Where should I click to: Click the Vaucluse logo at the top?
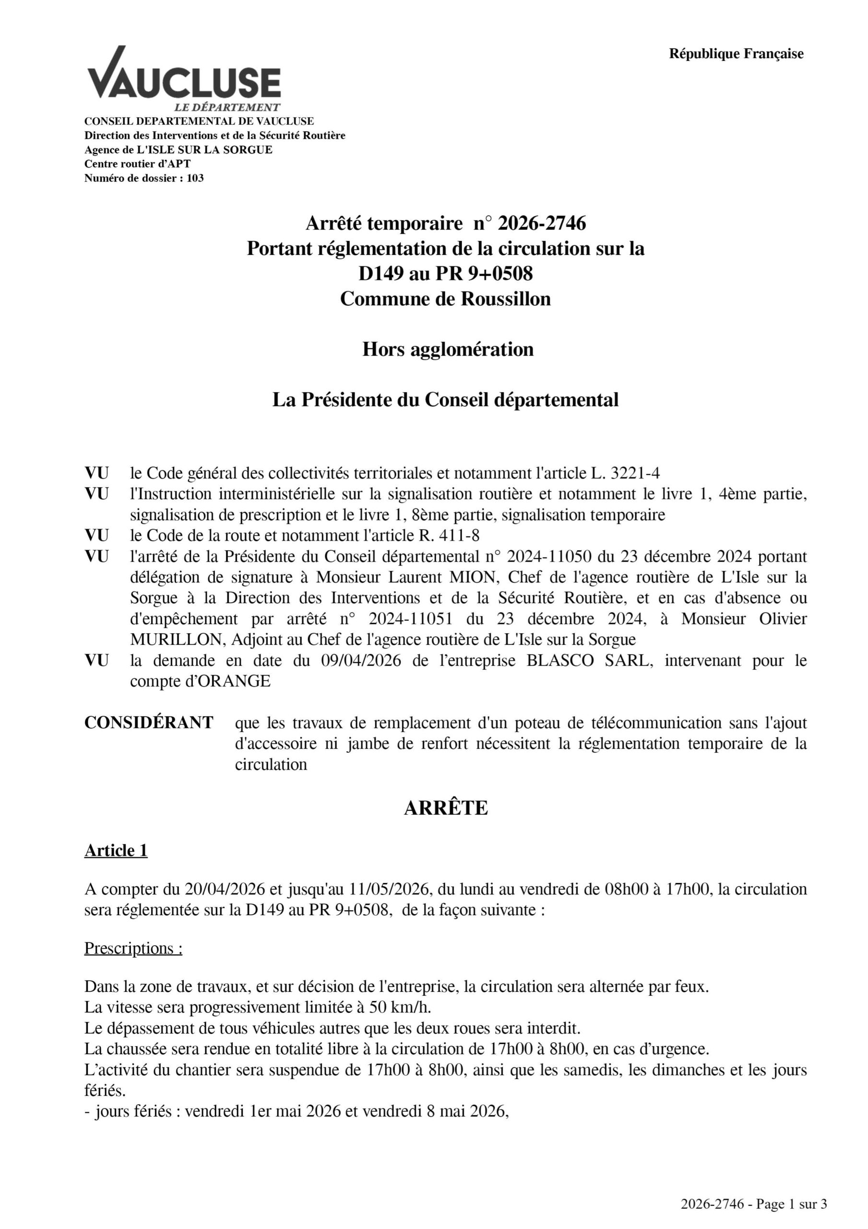pos(184,79)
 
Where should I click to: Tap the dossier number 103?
pos(195,178)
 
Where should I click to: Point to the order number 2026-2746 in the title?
pos(542,223)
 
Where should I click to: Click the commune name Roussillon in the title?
pos(506,299)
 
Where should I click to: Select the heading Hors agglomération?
pos(448,349)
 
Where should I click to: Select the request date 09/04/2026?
pos(361,661)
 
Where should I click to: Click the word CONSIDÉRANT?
pos(149,723)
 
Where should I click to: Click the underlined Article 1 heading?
pos(116,851)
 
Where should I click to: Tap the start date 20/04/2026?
pos(225,889)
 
